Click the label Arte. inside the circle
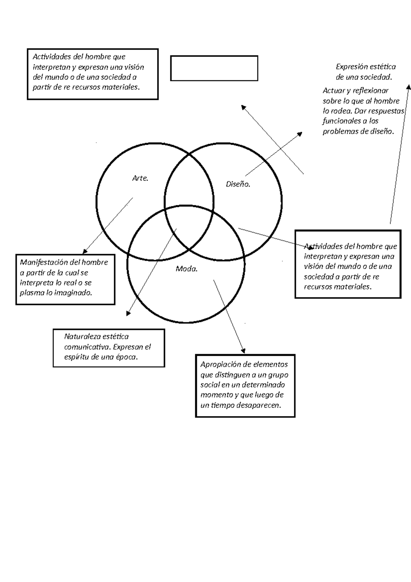point(140,178)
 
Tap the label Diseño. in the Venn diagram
point(238,184)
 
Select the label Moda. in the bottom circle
point(187,269)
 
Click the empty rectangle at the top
point(214,68)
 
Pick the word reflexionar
point(370,90)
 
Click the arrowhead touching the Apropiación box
point(244,351)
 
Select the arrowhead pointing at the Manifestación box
point(85,251)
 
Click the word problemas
point(339,131)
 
